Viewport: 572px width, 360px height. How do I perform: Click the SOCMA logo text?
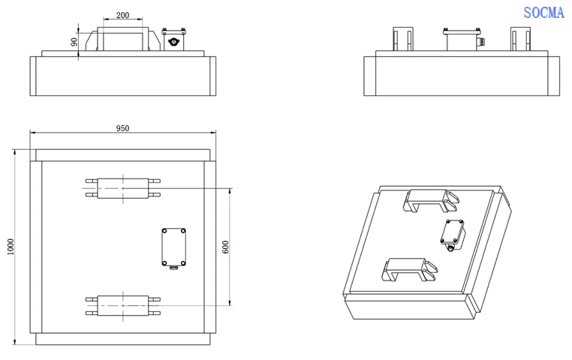pyautogui.click(x=543, y=13)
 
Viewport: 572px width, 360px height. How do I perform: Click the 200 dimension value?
pyautogui.click(x=122, y=15)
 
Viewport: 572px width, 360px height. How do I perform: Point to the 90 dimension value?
pyautogui.click(x=74, y=42)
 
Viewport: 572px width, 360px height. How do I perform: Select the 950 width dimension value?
pyautogui.click(x=122, y=128)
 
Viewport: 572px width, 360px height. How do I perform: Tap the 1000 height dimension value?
pyautogui.click(x=11, y=247)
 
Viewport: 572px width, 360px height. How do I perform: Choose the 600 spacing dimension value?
pyautogui.click(x=225, y=247)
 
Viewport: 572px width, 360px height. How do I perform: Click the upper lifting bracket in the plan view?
pyautogui.click(x=123, y=188)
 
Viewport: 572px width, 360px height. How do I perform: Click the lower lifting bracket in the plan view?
pyautogui.click(x=123, y=305)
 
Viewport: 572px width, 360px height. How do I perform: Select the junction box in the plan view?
pyautogui.click(x=173, y=247)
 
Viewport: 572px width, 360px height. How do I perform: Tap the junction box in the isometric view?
pyautogui.click(x=453, y=233)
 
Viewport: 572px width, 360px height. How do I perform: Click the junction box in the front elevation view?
pyautogui.click(x=174, y=39)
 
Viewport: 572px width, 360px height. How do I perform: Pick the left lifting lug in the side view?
pyautogui.click(x=403, y=38)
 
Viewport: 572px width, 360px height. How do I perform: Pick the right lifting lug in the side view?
pyautogui.click(x=520, y=38)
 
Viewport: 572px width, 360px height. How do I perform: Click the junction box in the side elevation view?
pyautogui.click(x=462, y=39)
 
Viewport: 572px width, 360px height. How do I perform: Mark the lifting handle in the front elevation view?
pyautogui.click(x=123, y=38)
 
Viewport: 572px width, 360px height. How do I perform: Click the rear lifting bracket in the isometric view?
pyautogui.click(x=431, y=200)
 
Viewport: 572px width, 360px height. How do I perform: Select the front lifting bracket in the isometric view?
pyautogui.click(x=409, y=270)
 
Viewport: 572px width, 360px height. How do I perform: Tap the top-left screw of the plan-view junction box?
pyautogui.click(x=164, y=231)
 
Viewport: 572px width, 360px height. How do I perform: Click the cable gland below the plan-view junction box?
pyautogui.click(x=173, y=268)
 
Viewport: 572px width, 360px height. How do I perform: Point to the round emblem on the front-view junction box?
pyautogui.click(x=174, y=42)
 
